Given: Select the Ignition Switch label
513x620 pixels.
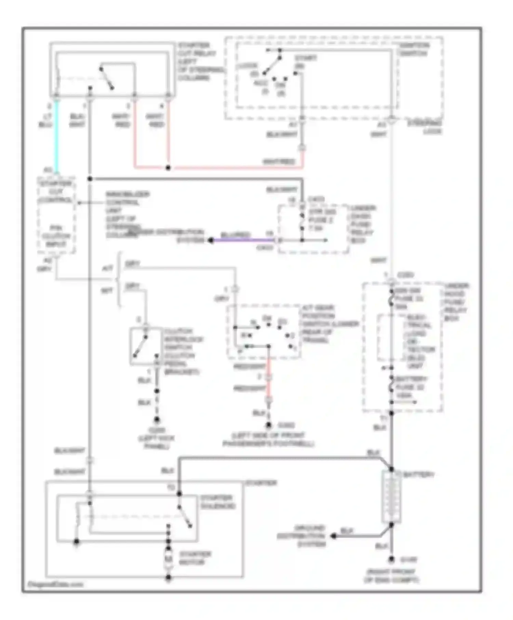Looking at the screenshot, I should click(x=413, y=49).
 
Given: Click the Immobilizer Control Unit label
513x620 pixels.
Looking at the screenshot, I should click(x=127, y=215).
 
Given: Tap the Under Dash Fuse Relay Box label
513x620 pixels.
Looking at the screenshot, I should click(x=363, y=224).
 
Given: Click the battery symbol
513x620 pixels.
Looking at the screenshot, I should click(x=391, y=498).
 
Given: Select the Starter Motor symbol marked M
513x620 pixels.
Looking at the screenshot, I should click(x=169, y=560).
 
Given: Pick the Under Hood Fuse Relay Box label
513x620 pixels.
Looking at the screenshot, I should click(x=456, y=302).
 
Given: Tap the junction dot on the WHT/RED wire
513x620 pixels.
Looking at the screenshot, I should click(x=168, y=168).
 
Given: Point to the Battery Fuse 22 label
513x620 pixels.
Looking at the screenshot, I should click(x=410, y=387).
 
